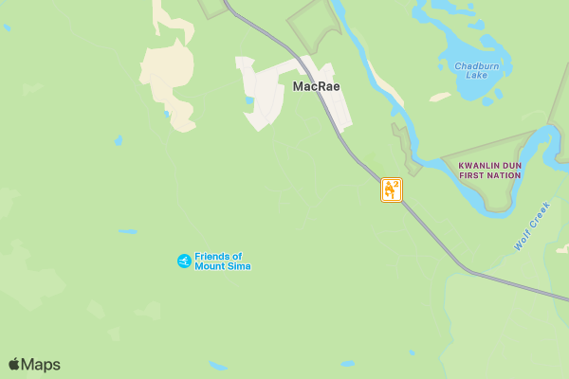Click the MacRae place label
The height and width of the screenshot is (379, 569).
(316, 86)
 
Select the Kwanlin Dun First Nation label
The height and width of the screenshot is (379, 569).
(489, 171)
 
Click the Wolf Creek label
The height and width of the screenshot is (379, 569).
(532, 226)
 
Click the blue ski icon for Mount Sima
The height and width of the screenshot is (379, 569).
(184, 261)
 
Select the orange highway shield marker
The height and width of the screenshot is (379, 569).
(392, 189)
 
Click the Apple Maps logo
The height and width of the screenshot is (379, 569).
(34, 365)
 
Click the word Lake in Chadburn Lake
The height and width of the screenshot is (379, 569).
(476, 76)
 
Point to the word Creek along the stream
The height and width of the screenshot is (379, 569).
(540, 214)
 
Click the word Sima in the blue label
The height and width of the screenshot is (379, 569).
(237, 266)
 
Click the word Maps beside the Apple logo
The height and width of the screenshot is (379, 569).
(41, 365)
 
